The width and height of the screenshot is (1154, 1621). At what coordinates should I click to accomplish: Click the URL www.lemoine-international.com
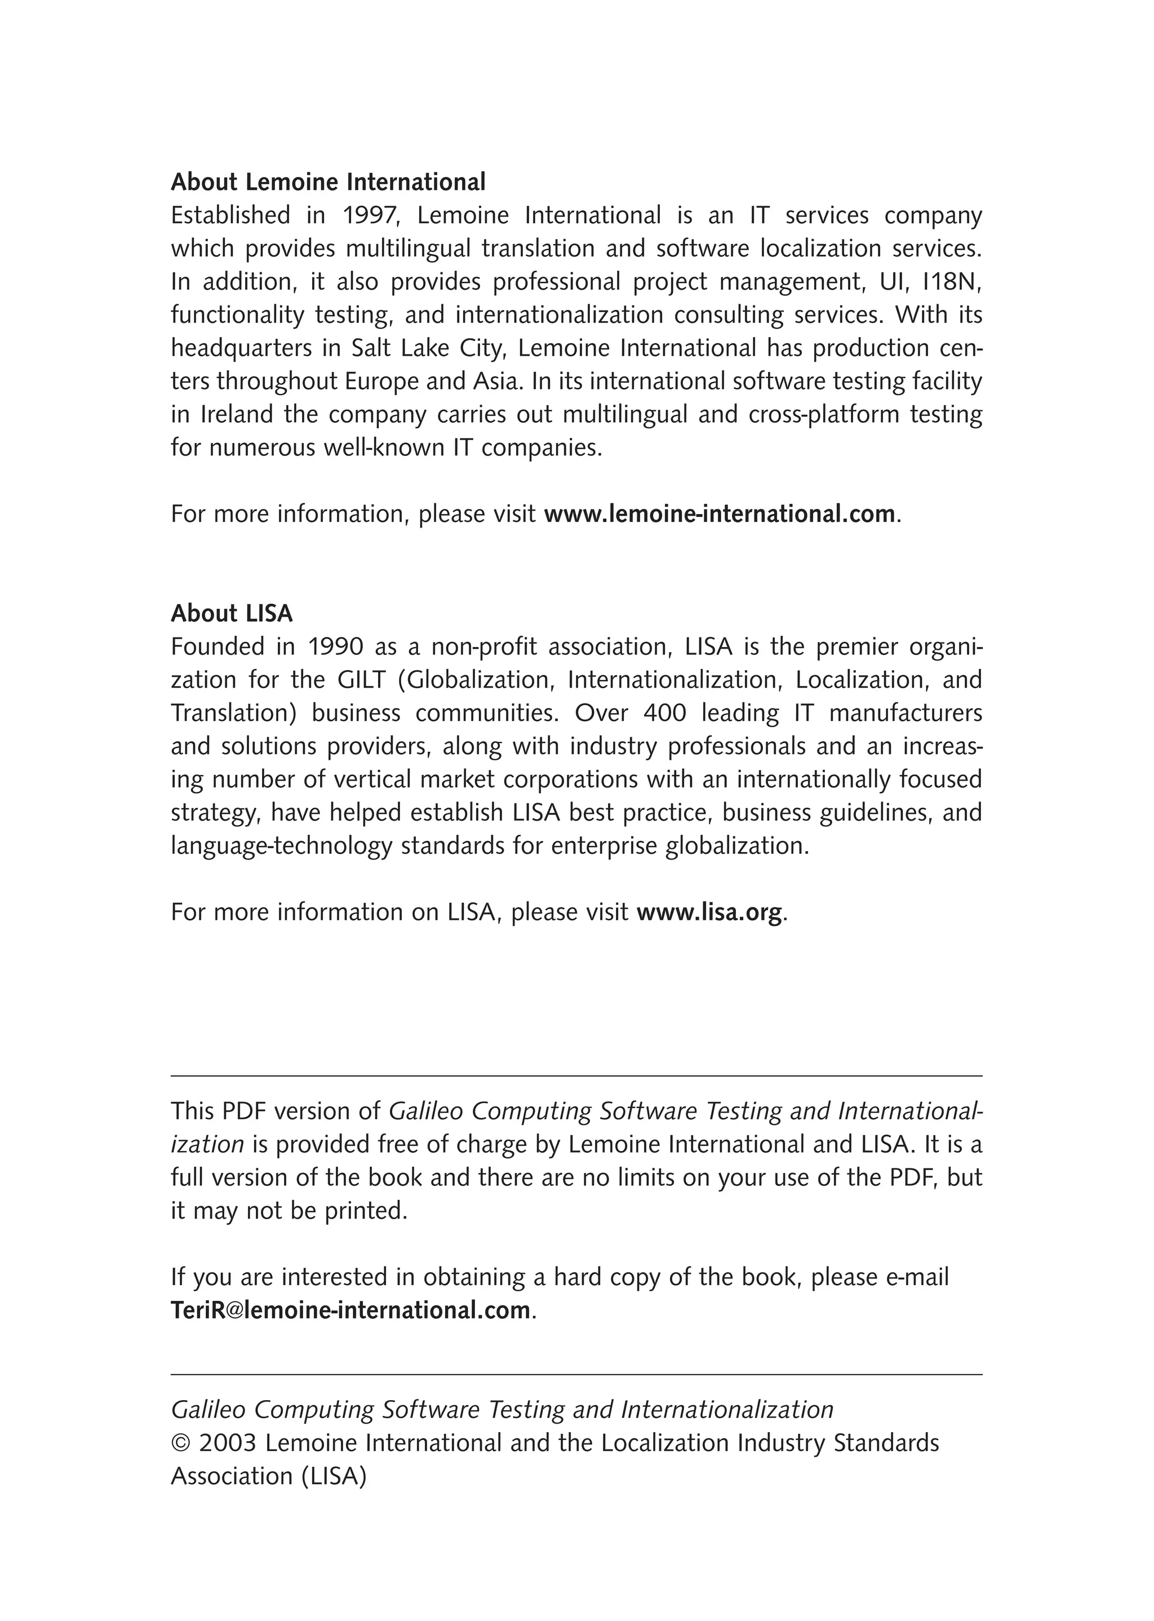[x=718, y=514]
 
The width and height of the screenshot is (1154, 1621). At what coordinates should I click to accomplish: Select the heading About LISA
[x=232, y=613]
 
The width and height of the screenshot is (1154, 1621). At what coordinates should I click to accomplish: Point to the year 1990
[x=335, y=646]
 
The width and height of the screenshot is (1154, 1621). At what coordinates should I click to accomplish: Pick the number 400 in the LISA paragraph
[x=664, y=713]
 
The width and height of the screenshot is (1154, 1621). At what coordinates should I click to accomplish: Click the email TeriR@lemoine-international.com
[x=350, y=1310]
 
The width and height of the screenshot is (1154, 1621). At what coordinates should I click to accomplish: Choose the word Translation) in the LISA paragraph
[x=234, y=713]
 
